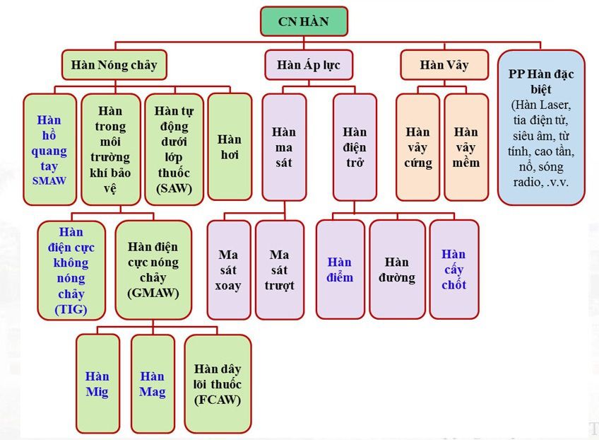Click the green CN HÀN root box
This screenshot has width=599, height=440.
(x=304, y=22)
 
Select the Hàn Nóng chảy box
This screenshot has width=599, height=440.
(x=114, y=66)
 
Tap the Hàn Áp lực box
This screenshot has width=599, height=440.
(x=309, y=66)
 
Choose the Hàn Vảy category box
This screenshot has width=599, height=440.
(x=444, y=66)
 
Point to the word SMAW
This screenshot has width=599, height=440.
(x=49, y=180)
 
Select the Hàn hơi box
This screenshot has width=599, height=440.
(x=230, y=146)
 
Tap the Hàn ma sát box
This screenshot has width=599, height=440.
(x=284, y=146)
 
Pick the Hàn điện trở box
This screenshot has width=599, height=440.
(x=355, y=146)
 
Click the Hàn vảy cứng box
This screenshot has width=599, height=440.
(x=418, y=146)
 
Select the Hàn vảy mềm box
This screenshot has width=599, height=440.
(x=466, y=146)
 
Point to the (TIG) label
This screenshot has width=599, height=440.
(x=71, y=308)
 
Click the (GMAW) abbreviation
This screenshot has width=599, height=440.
(x=153, y=293)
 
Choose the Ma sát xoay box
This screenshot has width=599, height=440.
(x=228, y=270)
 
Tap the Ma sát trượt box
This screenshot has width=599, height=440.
(x=280, y=270)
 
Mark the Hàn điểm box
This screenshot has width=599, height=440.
(x=340, y=270)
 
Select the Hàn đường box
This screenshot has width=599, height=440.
(x=396, y=270)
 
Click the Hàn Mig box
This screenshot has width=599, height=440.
(x=97, y=383)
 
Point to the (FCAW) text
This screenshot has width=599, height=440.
(x=218, y=400)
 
